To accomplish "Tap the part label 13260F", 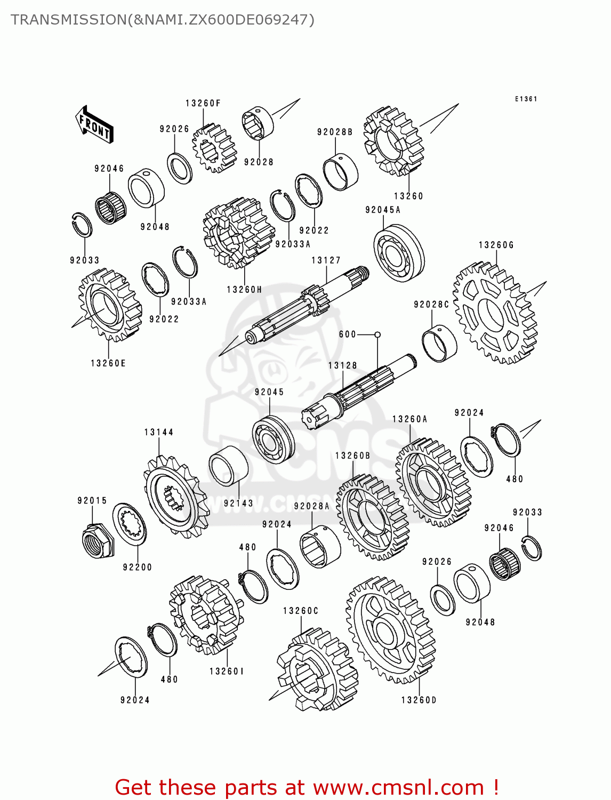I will [x=203, y=103].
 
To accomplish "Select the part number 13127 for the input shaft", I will [x=326, y=260].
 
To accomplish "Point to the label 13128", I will [x=342, y=365].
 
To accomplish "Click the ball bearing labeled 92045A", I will [x=399, y=253].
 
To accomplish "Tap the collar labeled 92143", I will [x=228, y=466].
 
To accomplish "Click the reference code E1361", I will [x=526, y=99].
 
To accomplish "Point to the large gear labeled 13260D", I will [x=391, y=630].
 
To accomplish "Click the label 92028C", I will [x=431, y=305].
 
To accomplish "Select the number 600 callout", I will [x=347, y=334].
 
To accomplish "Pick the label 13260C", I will [x=300, y=611].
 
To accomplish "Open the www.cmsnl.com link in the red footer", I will [x=398, y=787].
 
